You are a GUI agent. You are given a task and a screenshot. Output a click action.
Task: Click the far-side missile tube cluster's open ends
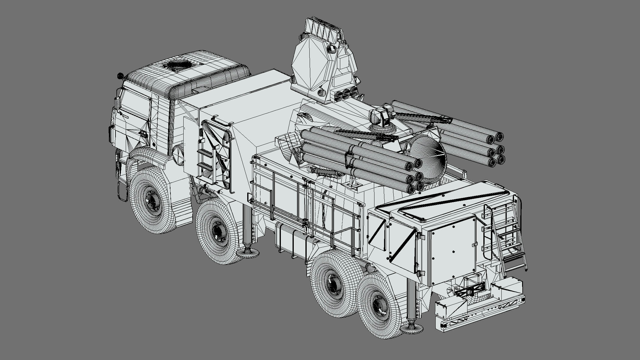tap(495, 148)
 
